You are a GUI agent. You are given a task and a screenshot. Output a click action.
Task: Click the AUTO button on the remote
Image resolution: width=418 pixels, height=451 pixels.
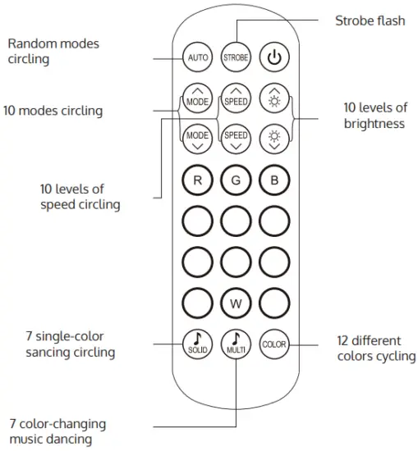tap(198, 57)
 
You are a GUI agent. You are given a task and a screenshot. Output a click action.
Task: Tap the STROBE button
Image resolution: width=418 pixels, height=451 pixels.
tap(236, 57)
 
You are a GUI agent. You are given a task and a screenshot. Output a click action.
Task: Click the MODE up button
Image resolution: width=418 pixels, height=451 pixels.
tap(198, 99)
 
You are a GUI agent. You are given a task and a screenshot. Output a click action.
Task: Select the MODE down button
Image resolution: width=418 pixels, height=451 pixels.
tap(198, 137)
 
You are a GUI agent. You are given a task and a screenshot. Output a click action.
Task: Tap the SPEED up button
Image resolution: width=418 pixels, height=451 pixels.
tap(236, 99)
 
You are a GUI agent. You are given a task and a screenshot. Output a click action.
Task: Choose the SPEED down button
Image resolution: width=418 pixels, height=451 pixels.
tap(236, 137)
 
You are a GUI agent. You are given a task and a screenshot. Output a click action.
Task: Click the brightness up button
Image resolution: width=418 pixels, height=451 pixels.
tap(273, 99)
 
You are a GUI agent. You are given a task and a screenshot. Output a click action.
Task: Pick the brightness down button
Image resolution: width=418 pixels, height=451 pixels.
tap(273, 137)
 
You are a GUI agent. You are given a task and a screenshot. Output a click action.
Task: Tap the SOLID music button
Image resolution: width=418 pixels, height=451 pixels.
tap(198, 342)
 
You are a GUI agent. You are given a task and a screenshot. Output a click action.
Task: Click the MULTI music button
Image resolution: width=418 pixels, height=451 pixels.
tap(236, 342)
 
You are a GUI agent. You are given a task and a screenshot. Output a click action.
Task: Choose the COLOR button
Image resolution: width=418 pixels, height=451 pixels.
tap(273, 344)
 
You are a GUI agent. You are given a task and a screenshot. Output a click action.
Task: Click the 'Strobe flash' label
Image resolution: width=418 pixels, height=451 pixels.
tap(370, 20)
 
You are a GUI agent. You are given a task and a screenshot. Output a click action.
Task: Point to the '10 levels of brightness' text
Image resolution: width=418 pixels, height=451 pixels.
tap(374, 116)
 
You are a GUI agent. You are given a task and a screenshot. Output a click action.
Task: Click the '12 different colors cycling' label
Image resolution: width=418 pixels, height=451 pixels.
tap(375, 348)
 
